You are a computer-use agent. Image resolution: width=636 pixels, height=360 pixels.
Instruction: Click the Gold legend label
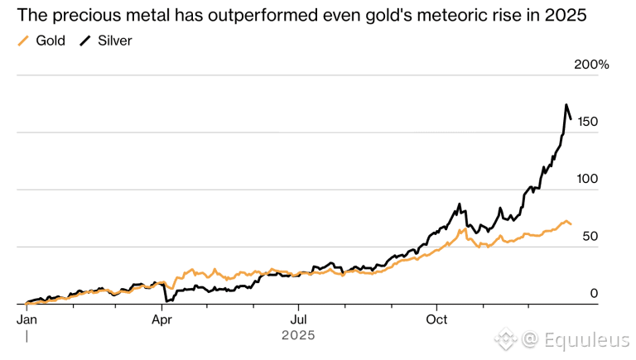pos(51,41)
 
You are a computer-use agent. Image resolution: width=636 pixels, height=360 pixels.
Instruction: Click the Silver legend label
pos(115,41)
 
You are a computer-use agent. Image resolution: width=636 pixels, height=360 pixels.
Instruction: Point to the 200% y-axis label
pos(591,65)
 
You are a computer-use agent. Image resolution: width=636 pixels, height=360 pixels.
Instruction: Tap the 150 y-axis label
pos(588,122)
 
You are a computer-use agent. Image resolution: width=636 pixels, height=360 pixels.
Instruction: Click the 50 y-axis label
pos(589,236)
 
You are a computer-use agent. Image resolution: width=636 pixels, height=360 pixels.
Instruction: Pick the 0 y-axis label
pos(594,293)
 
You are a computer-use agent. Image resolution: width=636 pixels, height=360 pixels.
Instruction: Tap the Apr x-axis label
pos(162,318)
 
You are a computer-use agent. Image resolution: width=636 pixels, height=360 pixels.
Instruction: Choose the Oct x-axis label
pos(436,318)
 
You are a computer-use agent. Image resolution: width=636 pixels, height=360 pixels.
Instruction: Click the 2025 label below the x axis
pos(297,335)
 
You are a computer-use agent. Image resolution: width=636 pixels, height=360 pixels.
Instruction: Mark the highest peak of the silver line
pos(566,105)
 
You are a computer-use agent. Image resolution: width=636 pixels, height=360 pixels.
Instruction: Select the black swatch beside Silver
pos(85,41)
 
